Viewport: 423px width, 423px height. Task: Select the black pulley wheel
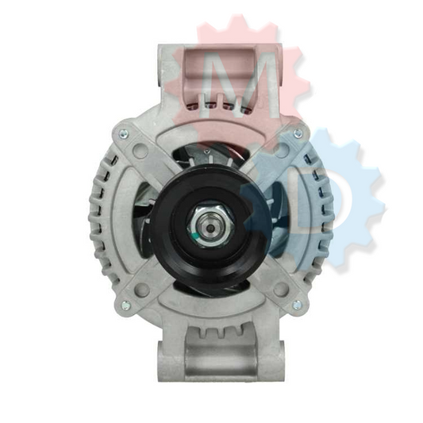pyautogui.click(x=210, y=225)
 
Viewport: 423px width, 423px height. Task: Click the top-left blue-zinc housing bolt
pyautogui.click(x=123, y=133)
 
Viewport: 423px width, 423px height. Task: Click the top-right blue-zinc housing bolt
pyautogui.click(x=298, y=133)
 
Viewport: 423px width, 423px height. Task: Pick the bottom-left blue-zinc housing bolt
pyautogui.click(x=125, y=305)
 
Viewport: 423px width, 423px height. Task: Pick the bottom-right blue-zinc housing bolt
pyautogui.click(x=297, y=304)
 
